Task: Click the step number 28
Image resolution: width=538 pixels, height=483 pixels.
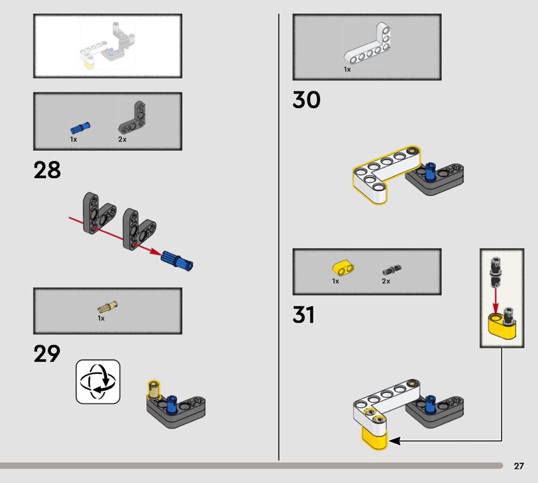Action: [47, 170]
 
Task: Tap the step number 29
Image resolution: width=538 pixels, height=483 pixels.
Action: [46, 354]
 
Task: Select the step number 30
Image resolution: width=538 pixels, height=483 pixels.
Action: [307, 100]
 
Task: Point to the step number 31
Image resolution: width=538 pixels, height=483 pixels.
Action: [303, 315]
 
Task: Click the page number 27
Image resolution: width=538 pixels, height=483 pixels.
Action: [518, 466]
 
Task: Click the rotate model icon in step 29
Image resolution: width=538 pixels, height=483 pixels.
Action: [98, 381]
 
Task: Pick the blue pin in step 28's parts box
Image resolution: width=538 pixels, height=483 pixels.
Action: [80, 128]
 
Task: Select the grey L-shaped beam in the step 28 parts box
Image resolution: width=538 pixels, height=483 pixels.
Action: [132, 118]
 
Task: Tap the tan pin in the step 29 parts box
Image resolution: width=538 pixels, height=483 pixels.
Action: [107, 306]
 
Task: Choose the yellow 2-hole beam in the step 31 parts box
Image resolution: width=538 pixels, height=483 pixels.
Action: [343, 268]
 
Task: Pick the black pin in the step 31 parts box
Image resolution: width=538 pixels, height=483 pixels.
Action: [392, 270]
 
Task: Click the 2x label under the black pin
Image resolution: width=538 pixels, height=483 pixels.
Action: [386, 281]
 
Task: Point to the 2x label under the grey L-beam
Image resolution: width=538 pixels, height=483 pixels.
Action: [122, 139]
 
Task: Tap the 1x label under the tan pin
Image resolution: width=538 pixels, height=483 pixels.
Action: [101, 318]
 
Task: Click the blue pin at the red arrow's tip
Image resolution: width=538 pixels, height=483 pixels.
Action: [177, 260]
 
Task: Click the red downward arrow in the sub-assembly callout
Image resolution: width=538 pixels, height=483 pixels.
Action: [495, 301]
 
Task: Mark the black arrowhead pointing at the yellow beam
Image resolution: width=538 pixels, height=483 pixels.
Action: [395, 441]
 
